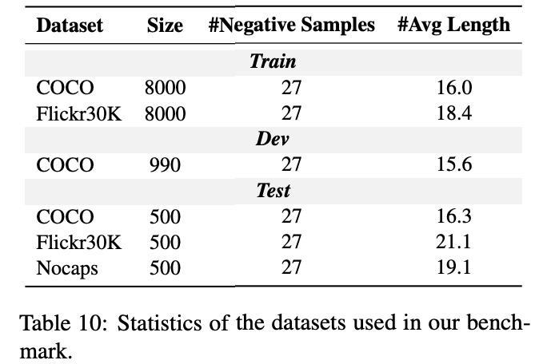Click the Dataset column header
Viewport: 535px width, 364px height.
pyautogui.click(x=70, y=26)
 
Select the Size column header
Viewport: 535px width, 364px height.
pyautogui.click(x=165, y=26)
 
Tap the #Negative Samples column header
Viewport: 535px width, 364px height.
pyautogui.click(x=291, y=26)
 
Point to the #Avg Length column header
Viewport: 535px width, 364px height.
pyautogui.click(x=453, y=26)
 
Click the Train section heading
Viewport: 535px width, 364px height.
pyautogui.click(x=273, y=61)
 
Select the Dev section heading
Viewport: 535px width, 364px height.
pyautogui.click(x=272, y=139)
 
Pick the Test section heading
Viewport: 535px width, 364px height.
pyautogui.click(x=273, y=191)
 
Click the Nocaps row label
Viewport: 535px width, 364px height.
pyautogui.click(x=67, y=268)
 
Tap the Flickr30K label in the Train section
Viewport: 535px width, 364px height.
pyautogui.click(x=79, y=113)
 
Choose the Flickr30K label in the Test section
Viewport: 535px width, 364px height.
pyautogui.click(x=79, y=243)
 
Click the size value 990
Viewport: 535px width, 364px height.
pyautogui.click(x=165, y=165)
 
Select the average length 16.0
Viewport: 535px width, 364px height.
pyautogui.click(x=455, y=88)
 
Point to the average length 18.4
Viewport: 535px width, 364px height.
pyautogui.click(x=455, y=113)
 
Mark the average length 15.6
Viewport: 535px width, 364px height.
pyautogui.click(x=455, y=165)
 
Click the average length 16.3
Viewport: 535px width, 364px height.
pyautogui.click(x=455, y=216)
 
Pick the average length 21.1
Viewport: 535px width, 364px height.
pyautogui.click(x=455, y=243)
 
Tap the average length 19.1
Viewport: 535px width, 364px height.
pyautogui.click(x=455, y=268)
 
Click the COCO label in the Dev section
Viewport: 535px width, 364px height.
pyautogui.click(x=66, y=165)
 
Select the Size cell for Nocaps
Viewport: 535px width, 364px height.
pyautogui.click(x=165, y=268)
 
